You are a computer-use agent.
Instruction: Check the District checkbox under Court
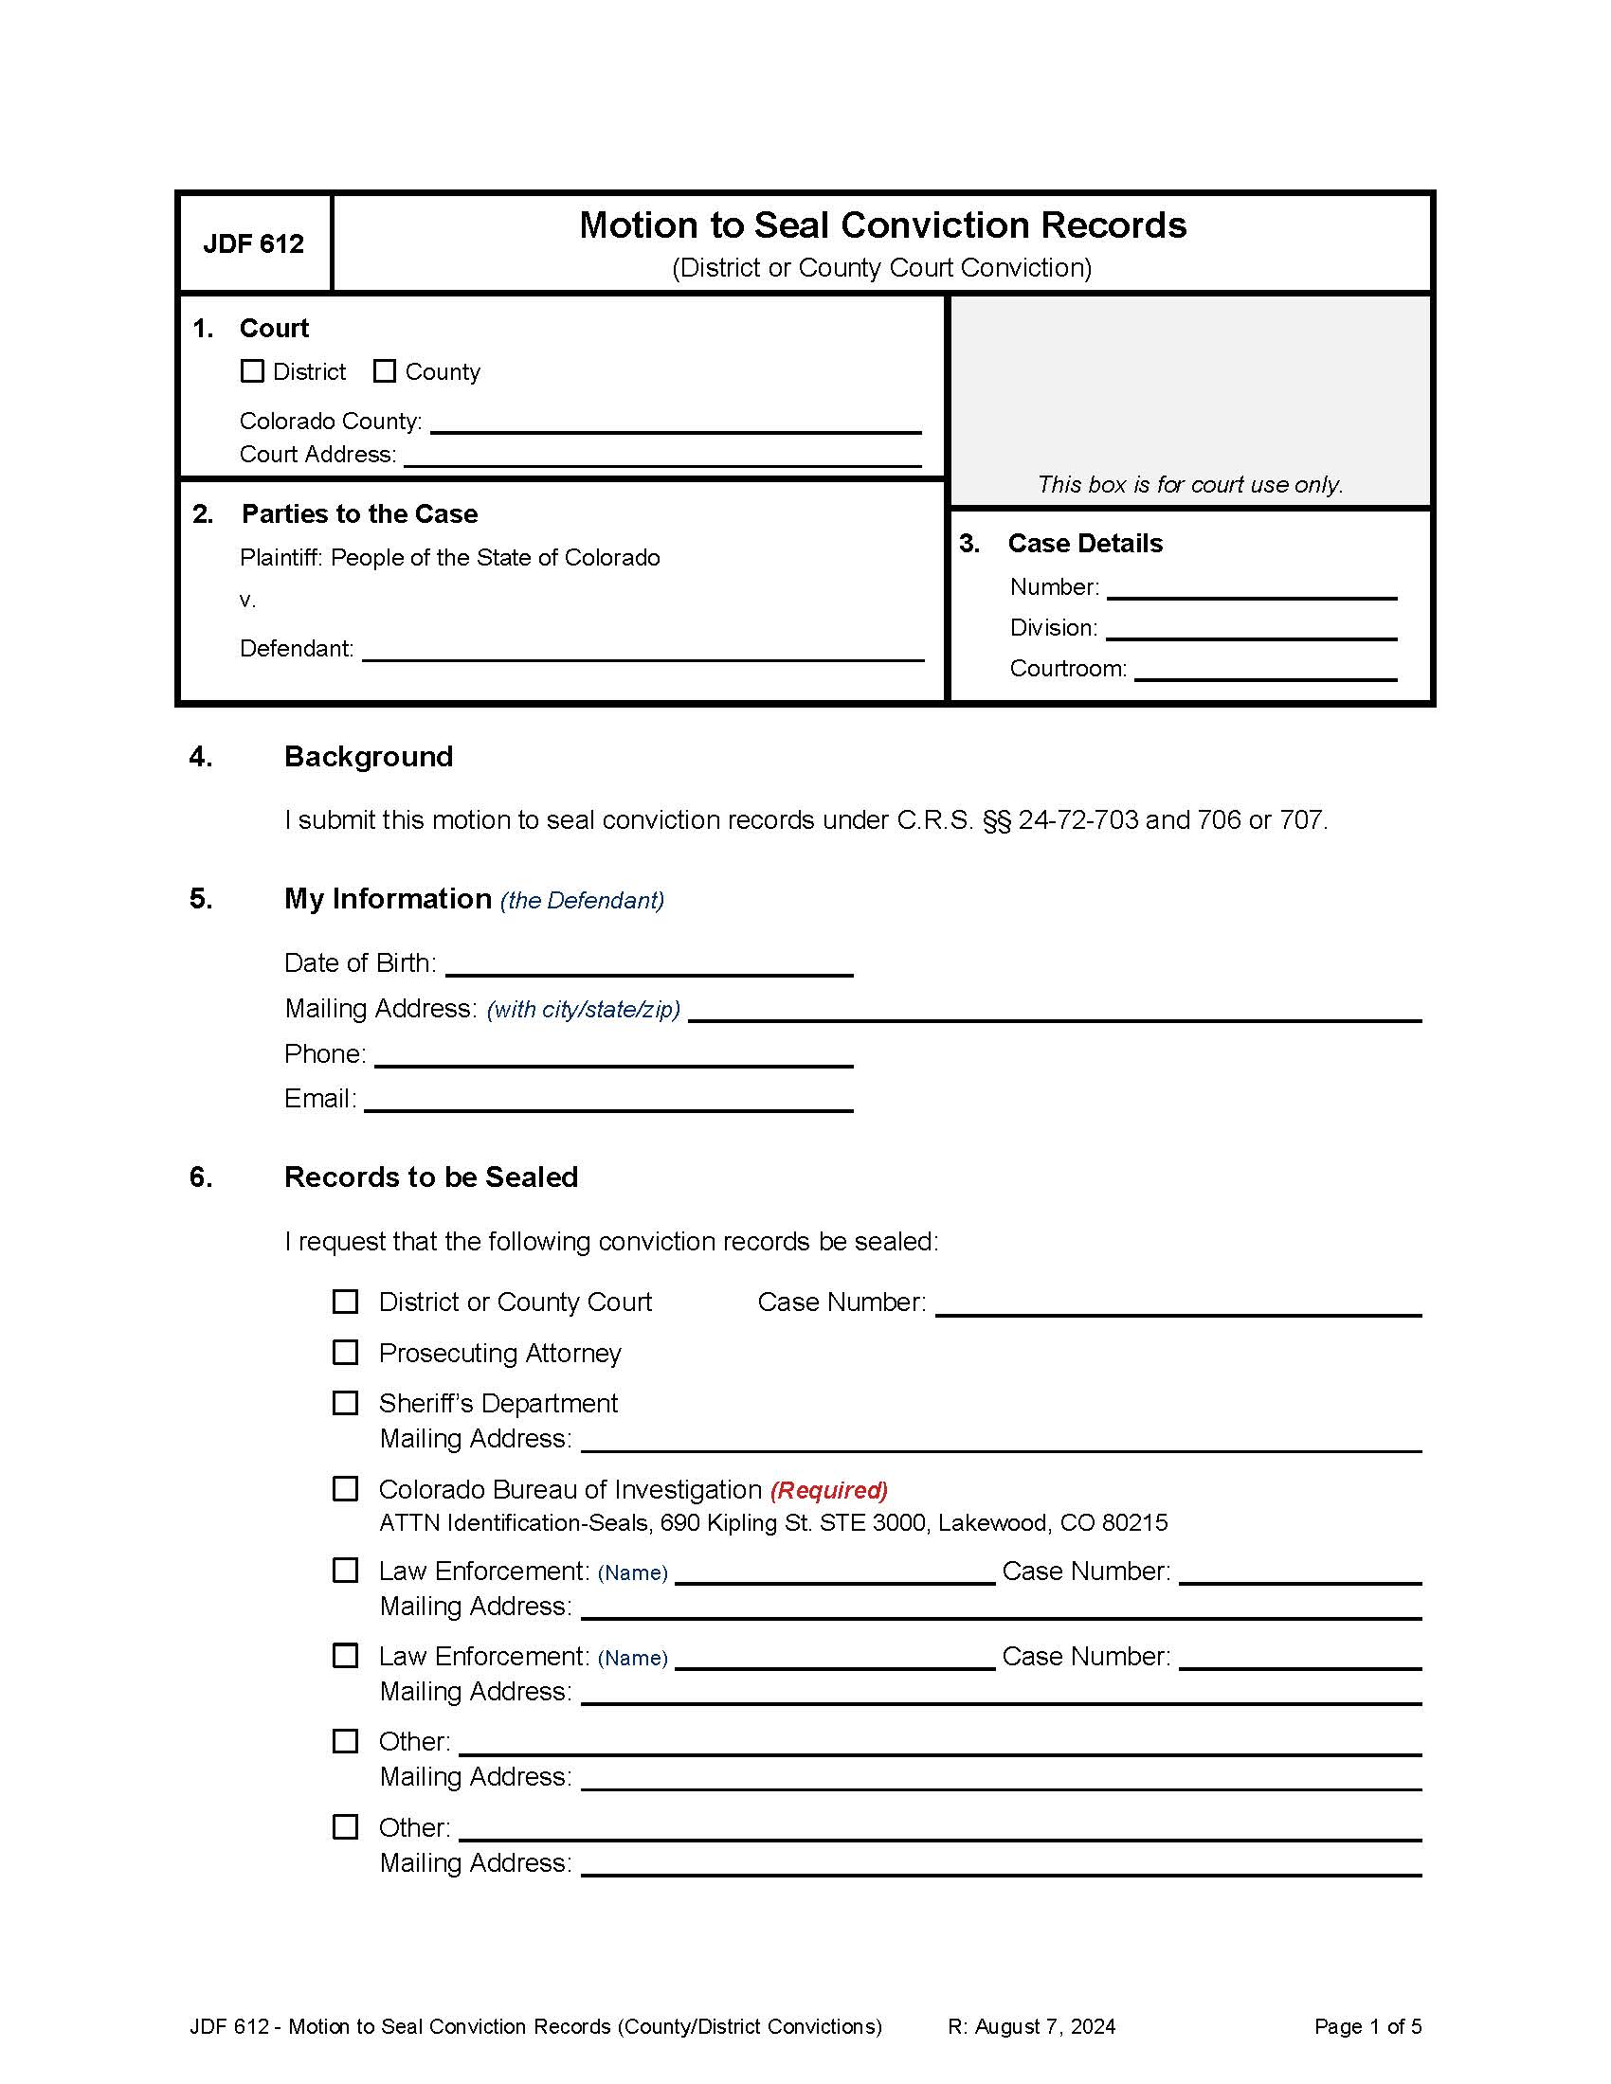(x=252, y=371)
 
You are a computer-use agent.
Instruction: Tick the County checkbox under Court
(x=384, y=371)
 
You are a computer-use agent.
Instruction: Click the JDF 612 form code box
(x=254, y=244)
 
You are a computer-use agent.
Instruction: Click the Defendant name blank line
(x=643, y=650)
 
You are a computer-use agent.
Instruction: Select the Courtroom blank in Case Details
(x=1264, y=670)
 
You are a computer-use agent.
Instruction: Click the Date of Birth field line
(x=649, y=964)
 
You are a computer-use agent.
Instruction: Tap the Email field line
(x=608, y=1100)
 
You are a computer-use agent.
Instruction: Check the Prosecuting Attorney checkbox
(x=345, y=1353)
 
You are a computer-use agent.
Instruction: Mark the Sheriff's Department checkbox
(x=345, y=1404)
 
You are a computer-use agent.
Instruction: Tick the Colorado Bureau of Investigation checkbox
(x=345, y=1489)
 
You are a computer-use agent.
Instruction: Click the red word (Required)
(x=828, y=1490)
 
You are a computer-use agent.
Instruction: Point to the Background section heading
(x=369, y=757)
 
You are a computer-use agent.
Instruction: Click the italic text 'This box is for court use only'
(x=1189, y=485)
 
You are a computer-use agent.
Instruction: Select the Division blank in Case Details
(x=1250, y=629)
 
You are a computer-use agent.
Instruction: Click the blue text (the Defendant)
(x=581, y=901)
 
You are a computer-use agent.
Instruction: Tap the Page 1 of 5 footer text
(x=1367, y=2027)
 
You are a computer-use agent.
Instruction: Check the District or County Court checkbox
(x=345, y=1302)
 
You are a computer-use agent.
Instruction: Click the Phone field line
(x=614, y=1055)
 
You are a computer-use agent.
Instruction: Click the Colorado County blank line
(x=675, y=422)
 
